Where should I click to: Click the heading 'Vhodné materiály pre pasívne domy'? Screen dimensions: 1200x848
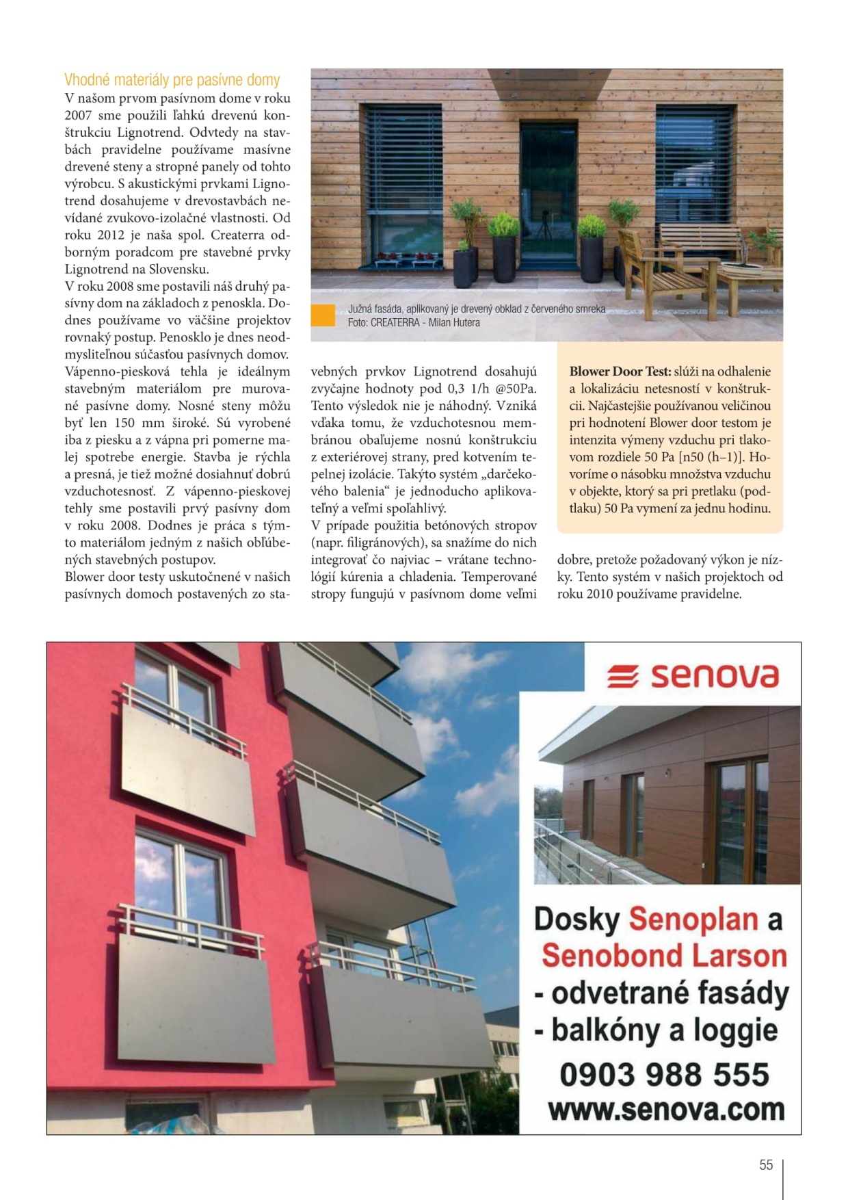[x=172, y=80]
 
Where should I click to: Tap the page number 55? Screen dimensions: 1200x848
[x=765, y=1164]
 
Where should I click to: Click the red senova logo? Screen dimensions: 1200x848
[x=692, y=676]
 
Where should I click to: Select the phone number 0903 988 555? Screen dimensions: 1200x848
[x=664, y=1074]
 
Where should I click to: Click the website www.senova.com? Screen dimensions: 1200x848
[x=666, y=1110]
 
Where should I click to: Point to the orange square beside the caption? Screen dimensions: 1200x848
[x=323, y=315]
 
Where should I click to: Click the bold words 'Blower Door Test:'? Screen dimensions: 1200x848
[x=620, y=371]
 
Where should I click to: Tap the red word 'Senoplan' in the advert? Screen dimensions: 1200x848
[x=693, y=919]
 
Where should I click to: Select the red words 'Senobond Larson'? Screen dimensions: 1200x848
[x=664, y=956]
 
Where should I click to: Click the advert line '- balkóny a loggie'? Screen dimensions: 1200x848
[x=656, y=1030]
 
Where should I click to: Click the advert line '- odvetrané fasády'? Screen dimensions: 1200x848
[x=661, y=993]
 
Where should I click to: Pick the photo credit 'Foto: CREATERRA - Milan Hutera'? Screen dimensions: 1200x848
[x=413, y=323]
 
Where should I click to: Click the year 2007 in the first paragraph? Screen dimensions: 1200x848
[x=78, y=116]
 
